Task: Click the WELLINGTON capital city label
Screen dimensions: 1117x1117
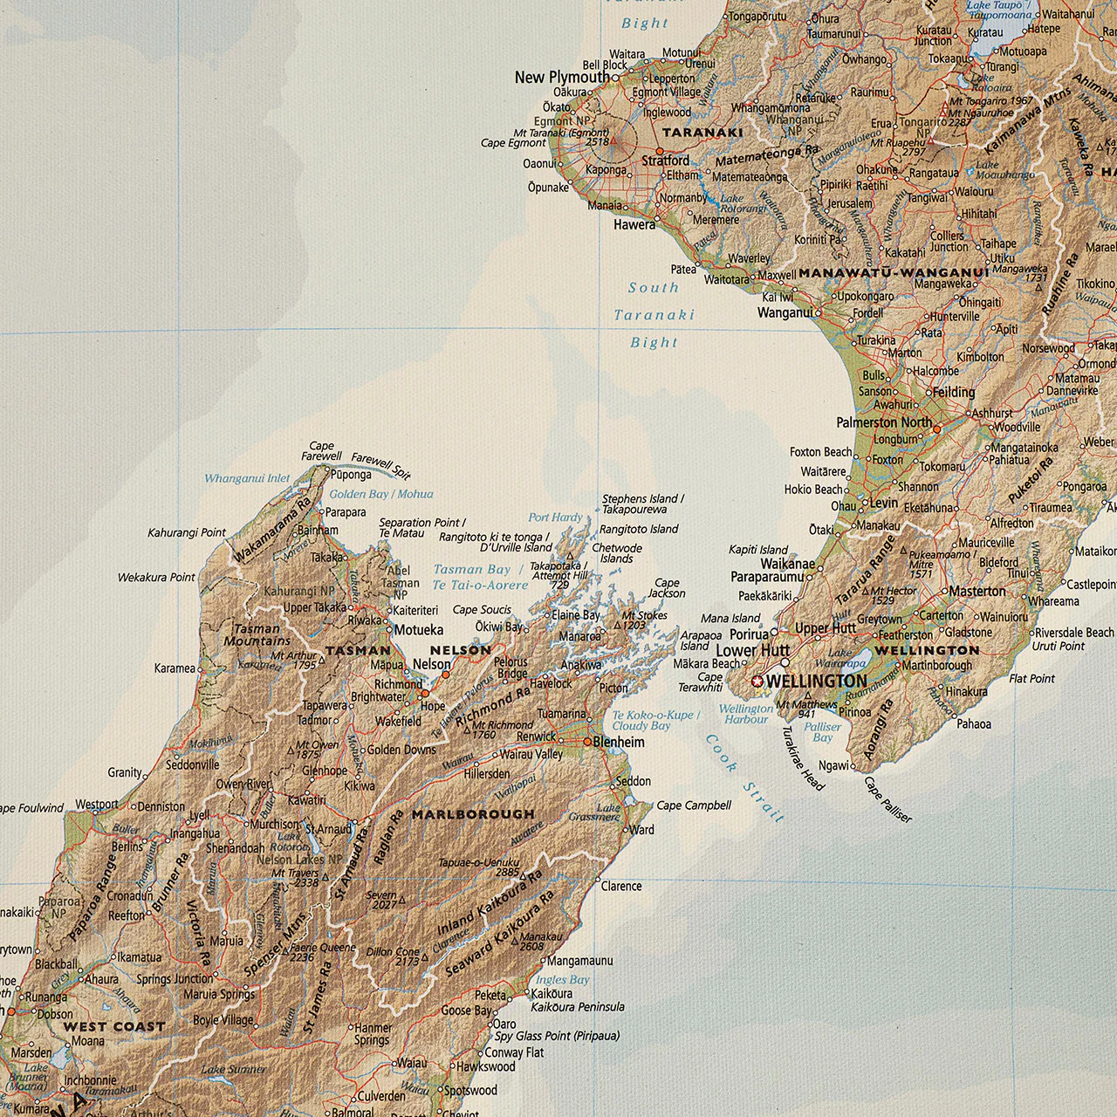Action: tap(819, 682)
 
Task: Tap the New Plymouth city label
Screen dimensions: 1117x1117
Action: tap(562, 78)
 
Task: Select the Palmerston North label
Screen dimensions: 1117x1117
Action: tap(884, 423)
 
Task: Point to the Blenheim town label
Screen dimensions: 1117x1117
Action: tap(619, 743)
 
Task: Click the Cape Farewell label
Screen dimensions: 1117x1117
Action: tap(321, 451)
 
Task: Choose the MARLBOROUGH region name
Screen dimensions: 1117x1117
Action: tap(473, 814)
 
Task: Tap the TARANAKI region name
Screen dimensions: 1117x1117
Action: tap(702, 134)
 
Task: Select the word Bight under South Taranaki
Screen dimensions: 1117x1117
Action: tap(654, 343)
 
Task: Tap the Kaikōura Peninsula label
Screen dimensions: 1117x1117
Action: tap(578, 1007)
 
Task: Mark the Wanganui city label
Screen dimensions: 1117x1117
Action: tap(785, 312)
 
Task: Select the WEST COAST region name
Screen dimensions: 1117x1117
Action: tap(113, 1027)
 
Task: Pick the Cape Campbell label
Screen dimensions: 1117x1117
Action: tap(693, 805)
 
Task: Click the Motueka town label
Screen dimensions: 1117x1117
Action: tap(419, 630)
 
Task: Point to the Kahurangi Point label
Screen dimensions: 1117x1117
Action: tap(187, 532)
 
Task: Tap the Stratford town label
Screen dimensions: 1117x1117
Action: tap(666, 161)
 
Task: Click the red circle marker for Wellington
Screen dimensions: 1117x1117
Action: tap(757, 682)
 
